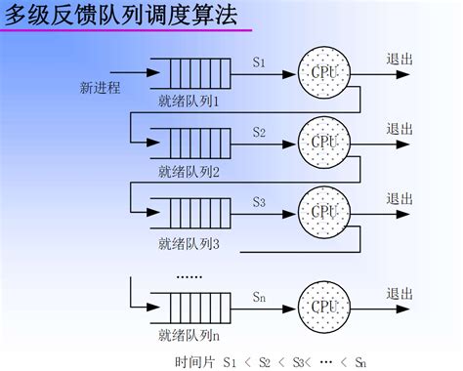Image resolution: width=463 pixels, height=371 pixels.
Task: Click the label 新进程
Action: (x=100, y=88)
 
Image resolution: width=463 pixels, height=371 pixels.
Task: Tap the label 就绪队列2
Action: (x=189, y=172)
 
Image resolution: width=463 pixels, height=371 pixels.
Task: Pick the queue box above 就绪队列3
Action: (x=189, y=211)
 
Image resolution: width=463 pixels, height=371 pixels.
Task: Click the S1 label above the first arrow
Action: (x=259, y=62)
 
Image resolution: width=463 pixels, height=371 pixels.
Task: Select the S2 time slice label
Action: (x=259, y=131)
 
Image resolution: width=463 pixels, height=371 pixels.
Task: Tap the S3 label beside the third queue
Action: (x=259, y=202)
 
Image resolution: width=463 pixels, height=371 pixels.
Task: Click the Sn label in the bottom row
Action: (x=259, y=295)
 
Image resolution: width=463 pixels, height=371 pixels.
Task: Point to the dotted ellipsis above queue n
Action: (x=189, y=277)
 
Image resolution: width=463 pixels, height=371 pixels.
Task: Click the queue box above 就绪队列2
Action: (x=189, y=141)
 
